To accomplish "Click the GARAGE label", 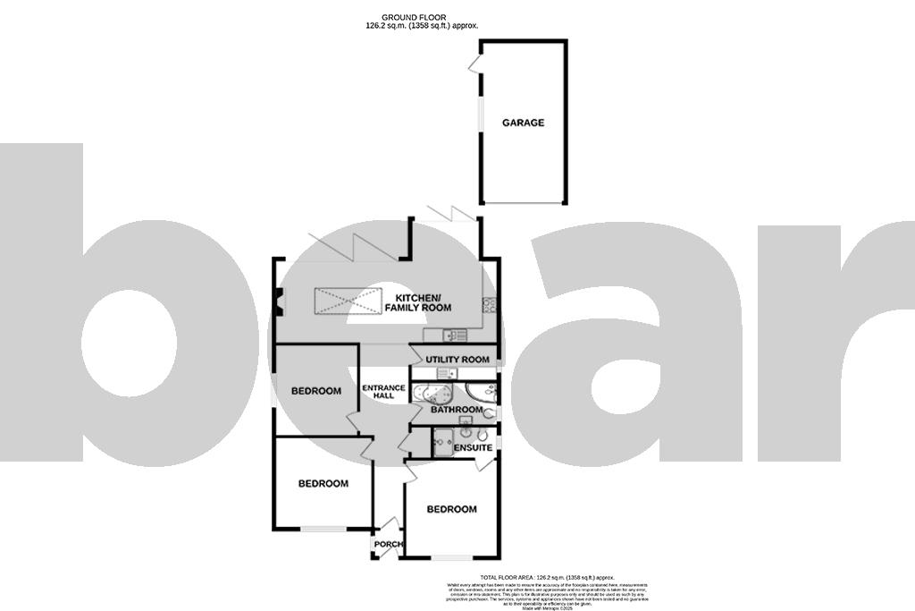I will [x=523, y=123].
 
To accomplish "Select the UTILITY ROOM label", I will [x=457, y=360].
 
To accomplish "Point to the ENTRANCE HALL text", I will [x=383, y=392].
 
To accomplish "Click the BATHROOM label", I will [x=457, y=410].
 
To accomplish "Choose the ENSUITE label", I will [x=473, y=446].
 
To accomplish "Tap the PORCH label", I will [x=388, y=544].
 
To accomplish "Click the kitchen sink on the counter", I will [x=453, y=335].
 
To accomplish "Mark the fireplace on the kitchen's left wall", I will [x=279, y=302].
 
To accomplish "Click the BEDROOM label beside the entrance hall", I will [x=316, y=391].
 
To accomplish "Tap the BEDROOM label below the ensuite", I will [x=451, y=509].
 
